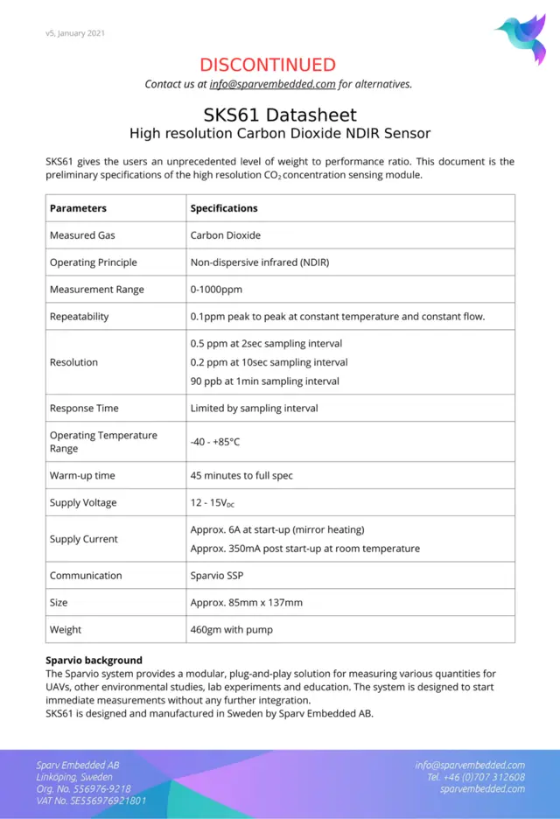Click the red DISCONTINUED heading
pos(268,64)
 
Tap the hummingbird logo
pos(521,38)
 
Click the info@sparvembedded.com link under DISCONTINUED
pos(272,85)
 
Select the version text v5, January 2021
pos(75,33)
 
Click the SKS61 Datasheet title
pos(279,115)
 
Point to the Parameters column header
pos(78,208)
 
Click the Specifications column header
pos(224,208)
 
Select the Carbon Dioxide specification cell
pos(225,235)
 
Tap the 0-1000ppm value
pos(216,290)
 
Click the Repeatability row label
pos(79,317)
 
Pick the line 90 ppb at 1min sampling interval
pos(264,381)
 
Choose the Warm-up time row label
pos(82,476)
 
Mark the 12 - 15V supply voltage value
pos(211,503)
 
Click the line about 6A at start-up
pos(276,529)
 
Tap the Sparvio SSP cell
pos(217,576)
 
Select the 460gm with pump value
pos(231,630)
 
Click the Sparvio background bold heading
pos(94,660)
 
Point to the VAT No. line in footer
pos(91,800)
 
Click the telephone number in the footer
pos(475,777)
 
